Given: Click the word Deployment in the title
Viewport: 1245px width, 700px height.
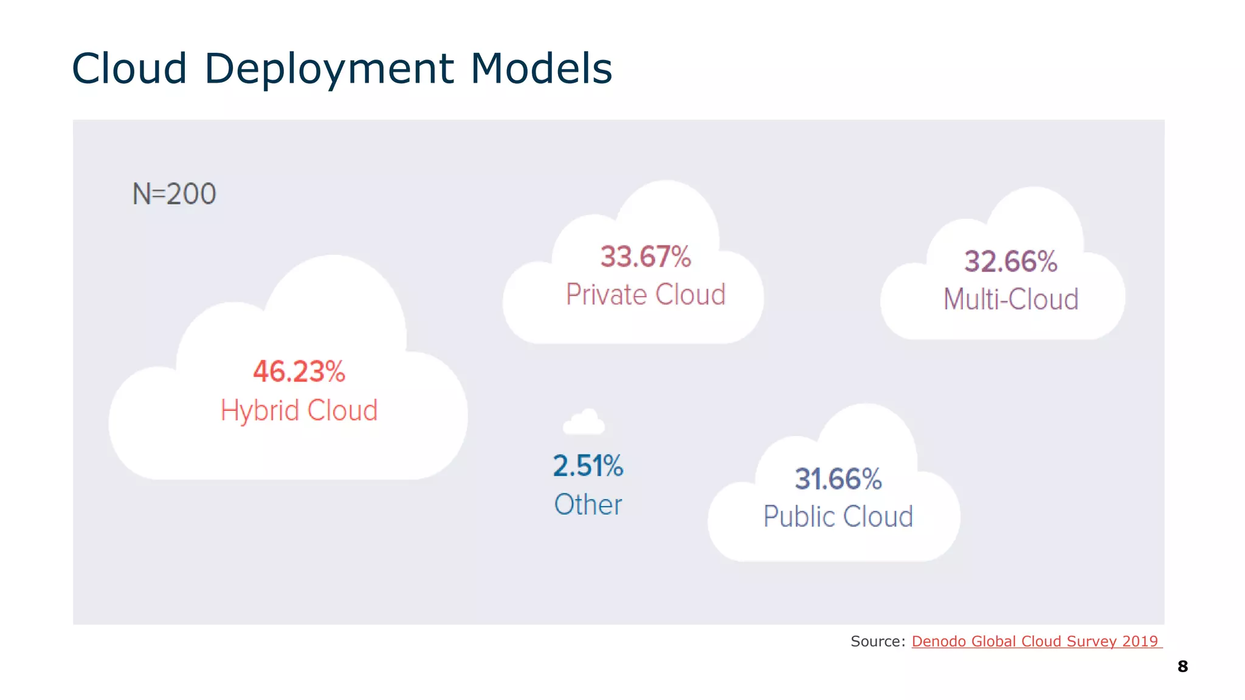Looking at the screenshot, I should (329, 69).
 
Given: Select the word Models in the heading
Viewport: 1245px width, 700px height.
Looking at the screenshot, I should (541, 69).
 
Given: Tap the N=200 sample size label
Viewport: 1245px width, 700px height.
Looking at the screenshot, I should (174, 194).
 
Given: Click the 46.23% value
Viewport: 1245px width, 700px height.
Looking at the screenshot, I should (299, 371).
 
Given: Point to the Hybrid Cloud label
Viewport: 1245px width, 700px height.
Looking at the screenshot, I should (299, 411).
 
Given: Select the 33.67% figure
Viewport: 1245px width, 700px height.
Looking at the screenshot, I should (646, 256).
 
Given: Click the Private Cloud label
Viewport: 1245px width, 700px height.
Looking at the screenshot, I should (646, 295).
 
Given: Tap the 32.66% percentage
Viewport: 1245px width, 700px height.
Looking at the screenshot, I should (1011, 262).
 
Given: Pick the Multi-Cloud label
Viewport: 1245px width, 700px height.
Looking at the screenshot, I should (1011, 300).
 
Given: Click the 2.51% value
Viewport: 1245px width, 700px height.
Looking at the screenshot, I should (588, 466).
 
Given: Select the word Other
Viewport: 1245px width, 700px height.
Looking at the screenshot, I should (588, 504).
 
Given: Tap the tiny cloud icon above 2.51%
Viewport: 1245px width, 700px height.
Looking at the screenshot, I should (584, 422).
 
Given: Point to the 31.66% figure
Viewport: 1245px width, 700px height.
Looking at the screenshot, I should (838, 479).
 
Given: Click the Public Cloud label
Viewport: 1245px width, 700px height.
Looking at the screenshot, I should (838, 516).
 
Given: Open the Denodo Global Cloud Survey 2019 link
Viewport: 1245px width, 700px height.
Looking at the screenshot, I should (1035, 641).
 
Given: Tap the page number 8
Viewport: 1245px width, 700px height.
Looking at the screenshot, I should (1182, 667).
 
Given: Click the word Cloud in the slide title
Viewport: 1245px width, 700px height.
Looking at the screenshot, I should (129, 69).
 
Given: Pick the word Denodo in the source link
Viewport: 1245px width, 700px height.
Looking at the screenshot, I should (939, 641).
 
